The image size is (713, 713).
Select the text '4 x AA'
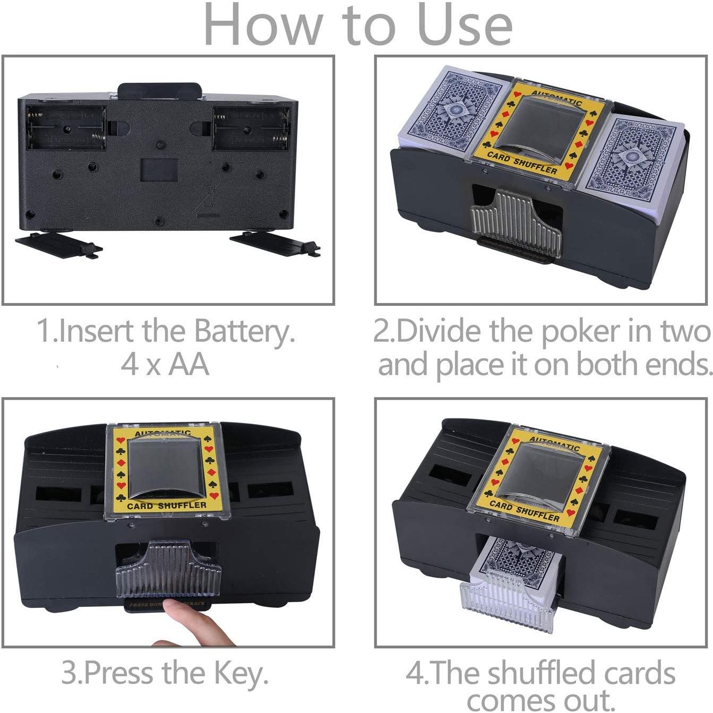pyautogui.click(x=165, y=365)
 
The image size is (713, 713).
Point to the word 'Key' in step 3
pyautogui.click(x=239, y=673)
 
